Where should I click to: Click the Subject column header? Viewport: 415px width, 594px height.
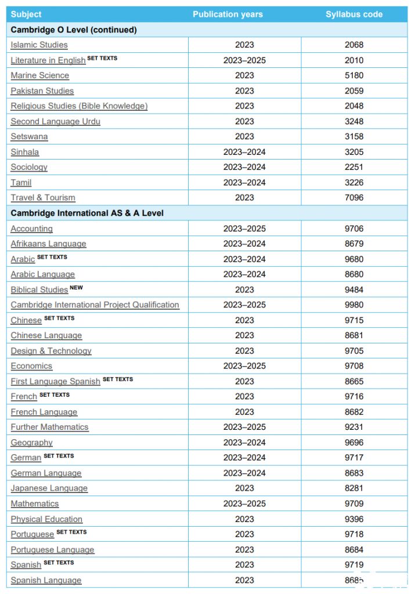tap(26, 15)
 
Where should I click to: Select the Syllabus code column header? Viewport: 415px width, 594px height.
tap(354, 15)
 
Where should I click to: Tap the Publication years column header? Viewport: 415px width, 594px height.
tap(228, 15)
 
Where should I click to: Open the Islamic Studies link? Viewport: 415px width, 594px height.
tap(39, 45)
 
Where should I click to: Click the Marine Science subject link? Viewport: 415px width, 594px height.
tap(39, 75)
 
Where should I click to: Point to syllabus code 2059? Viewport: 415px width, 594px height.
tap(354, 90)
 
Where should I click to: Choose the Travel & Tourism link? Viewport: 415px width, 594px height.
tap(43, 198)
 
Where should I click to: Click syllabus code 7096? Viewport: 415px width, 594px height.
tap(354, 198)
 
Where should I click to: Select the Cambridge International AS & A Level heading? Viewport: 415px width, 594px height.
tap(87, 213)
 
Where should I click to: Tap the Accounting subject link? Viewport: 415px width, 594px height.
tap(31, 229)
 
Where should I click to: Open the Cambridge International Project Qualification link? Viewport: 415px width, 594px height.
tap(95, 305)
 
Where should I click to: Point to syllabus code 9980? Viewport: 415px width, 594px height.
tap(354, 305)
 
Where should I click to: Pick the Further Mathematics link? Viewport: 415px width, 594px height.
tap(49, 427)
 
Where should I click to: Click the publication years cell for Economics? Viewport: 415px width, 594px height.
tap(244, 366)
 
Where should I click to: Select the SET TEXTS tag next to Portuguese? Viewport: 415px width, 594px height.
tap(71, 532)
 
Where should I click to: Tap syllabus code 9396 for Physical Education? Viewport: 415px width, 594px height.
tap(354, 519)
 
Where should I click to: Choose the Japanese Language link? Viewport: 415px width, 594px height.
tap(49, 488)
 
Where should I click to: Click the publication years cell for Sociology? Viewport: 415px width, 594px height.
tap(244, 167)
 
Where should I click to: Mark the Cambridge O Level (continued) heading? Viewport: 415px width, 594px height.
tap(74, 30)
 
